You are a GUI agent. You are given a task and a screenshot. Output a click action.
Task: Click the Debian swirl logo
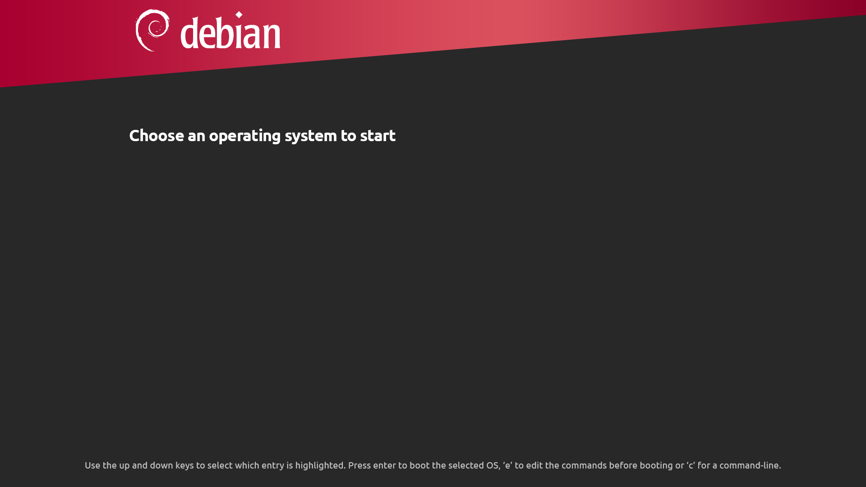tap(152, 30)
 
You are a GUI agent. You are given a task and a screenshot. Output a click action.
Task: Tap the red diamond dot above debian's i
tap(239, 15)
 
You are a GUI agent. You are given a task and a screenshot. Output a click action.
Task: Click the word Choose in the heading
tap(157, 135)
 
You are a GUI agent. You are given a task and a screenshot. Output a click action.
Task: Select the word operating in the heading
tap(244, 136)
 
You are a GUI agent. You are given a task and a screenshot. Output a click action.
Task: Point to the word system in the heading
tap(310, 136)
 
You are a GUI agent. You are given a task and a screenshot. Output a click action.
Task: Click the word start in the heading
tap(378, 135)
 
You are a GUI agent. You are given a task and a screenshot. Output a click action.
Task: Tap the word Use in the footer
tap(92, 465)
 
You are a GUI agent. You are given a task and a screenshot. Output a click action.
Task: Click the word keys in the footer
tap(184, 465)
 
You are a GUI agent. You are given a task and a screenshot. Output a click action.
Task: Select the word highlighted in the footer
tap(319, 465)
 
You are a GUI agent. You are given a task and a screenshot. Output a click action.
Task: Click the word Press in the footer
tap(359, 465)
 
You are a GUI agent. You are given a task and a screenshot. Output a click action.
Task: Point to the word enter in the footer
tap(384, 465)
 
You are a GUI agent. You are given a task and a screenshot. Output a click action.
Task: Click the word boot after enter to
tap(419, 465)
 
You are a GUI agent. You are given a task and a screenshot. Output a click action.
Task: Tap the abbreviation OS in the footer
tap(492, 465)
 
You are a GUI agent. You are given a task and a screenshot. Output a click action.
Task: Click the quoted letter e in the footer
tap(507, 465)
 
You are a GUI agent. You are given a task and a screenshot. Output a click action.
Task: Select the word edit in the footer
tap(534, 465)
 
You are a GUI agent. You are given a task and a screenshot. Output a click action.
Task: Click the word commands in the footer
tap(584, 465)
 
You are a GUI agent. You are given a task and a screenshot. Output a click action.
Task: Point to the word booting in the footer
tap(656, 465)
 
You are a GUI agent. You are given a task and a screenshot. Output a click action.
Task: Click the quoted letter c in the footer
tap(691, 465)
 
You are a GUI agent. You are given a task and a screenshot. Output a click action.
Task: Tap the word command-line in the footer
tap(749, 465)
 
